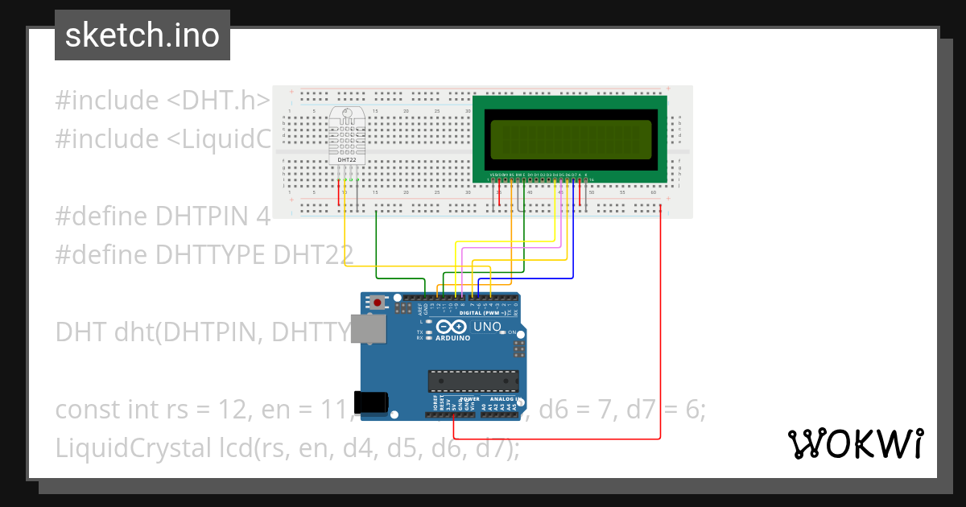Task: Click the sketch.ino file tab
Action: [142, 35]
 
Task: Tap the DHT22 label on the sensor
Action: [347, 160]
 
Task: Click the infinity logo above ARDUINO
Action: [452, 327]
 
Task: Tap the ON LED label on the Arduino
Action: [534, 332]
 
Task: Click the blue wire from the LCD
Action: [573, 241]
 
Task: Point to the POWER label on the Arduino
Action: [469, 399]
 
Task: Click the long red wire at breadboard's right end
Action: [661, 322]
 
